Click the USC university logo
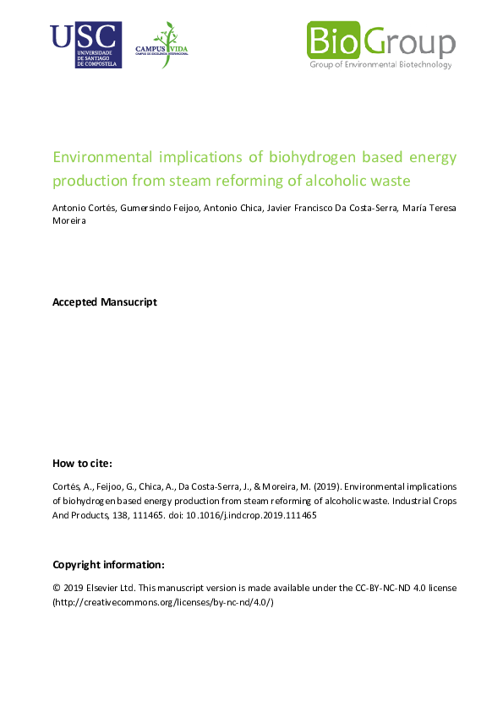(x=85, y=45)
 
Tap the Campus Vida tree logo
(x=161, y=45)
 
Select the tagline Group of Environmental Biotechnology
(x=380, y=65)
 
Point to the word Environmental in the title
(x=102, y=157)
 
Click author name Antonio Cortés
(x=83, y=209)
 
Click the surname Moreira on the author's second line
(x=70, y=222)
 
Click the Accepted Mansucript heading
(x=105, y=301)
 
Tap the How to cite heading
(x=82, y=463)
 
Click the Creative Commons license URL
(x=163, y=602)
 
